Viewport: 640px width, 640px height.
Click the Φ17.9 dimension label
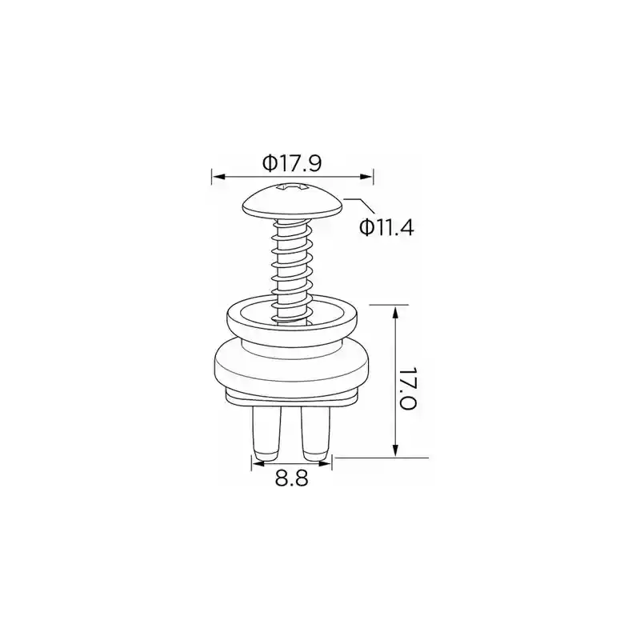tap(292, 163)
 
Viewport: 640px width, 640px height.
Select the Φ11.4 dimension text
tap(386, 227)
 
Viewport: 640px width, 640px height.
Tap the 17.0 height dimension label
tap(407, 388)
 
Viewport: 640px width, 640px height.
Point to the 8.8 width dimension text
tap(291, 478)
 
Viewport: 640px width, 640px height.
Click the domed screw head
tap(292, 202)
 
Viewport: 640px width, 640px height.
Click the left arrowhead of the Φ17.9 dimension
tap(218, 177)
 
